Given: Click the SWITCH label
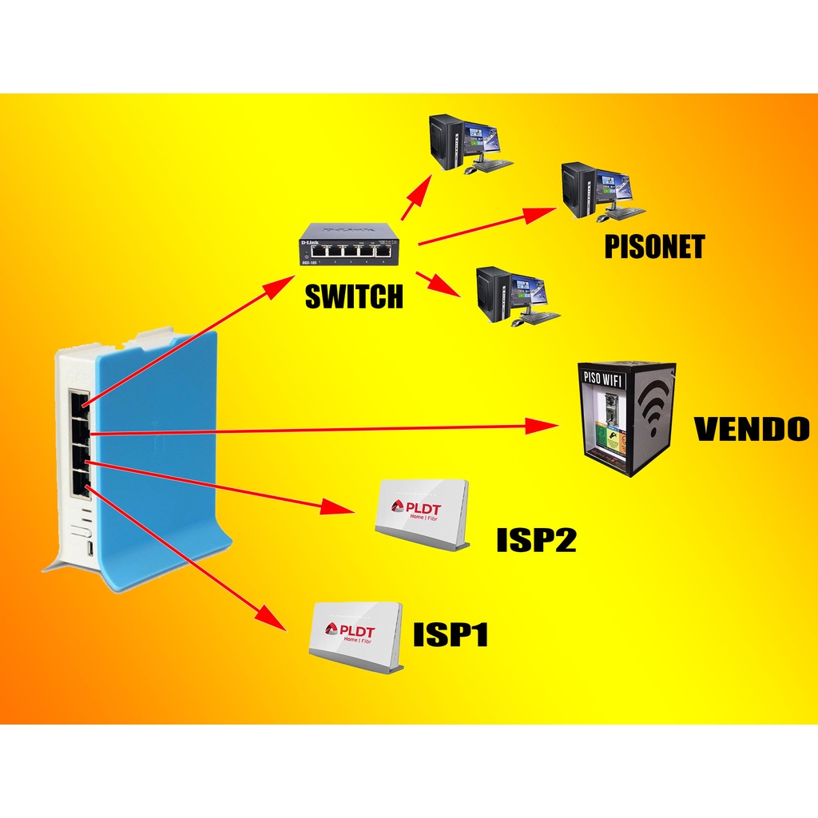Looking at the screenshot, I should (354, 297).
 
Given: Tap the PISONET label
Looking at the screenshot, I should (654, 247).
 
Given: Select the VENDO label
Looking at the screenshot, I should (751, 429).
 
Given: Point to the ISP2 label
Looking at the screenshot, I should (536, 540).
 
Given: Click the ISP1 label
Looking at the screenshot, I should (451, 635).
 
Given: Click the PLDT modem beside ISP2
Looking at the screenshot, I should (421, 514).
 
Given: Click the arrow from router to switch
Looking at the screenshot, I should (184, 343).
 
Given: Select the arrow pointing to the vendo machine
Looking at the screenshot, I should (320, 430).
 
